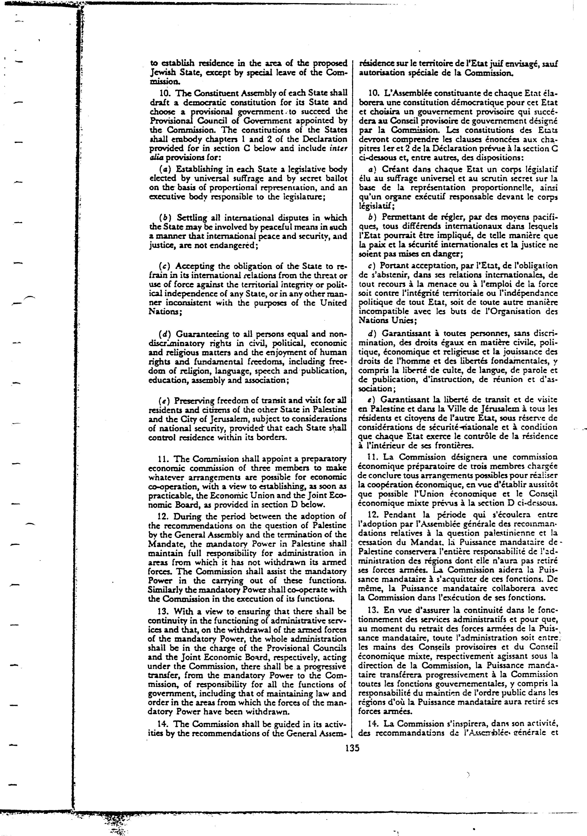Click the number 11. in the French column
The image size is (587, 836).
374,457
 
